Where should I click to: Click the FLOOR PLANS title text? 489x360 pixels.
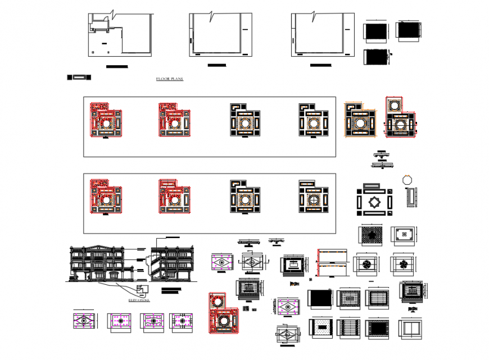pos(169,79)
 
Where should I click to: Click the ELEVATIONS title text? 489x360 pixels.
pos(139,300)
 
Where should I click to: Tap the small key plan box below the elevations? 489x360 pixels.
pos(143,289)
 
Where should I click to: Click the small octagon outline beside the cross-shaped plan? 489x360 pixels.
pos(407,180)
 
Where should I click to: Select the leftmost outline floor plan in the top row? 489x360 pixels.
pos(120,35)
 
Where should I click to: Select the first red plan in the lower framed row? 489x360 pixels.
pos(106,197)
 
